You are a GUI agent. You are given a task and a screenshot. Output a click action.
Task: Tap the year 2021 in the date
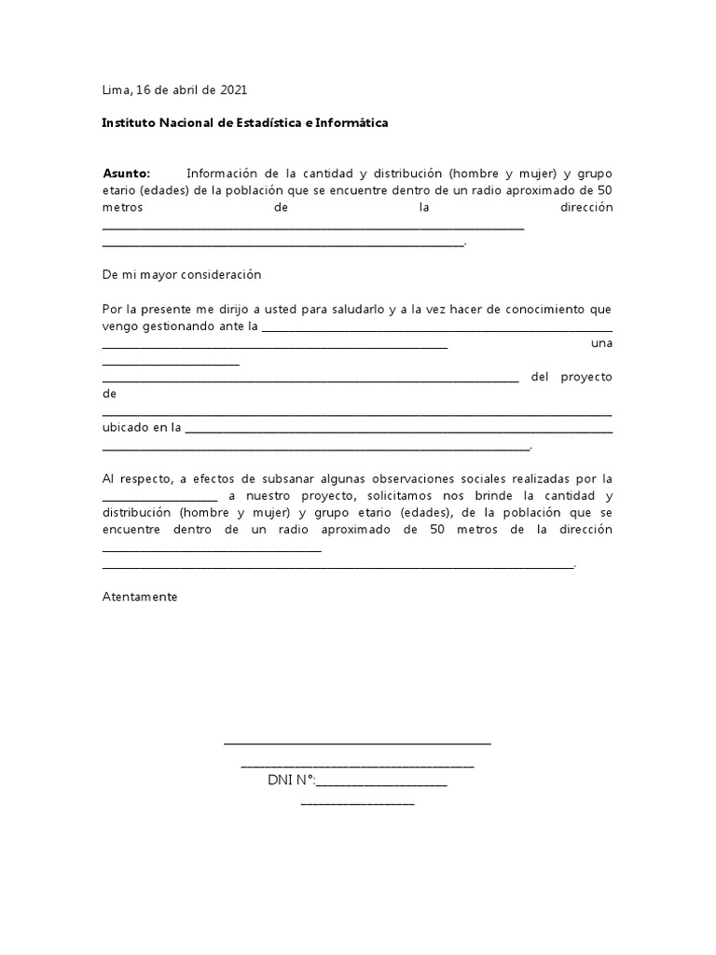click(x=233, y=90)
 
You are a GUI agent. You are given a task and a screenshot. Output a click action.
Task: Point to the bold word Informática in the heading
click(x=352, y=122)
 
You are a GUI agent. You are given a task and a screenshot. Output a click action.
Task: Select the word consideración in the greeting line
click(x=219, y=275)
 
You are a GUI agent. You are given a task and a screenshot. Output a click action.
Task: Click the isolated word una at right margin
click(x=602, y=343)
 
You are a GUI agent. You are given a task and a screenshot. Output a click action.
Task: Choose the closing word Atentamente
click(x=139, y=596)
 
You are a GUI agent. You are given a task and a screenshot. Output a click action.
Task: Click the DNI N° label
click(x=291, y=780)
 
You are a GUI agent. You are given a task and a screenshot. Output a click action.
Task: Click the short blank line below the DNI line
click(x=357, y=802)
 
